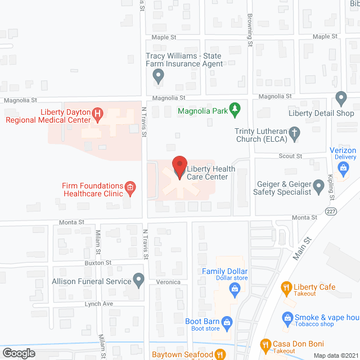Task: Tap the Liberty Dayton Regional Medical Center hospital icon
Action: click(x=98, y=116)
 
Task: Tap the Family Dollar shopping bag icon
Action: click(x=235, y=289)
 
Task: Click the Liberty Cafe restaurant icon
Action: click(x=286, y=289)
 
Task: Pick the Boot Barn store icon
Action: click(x=227, y=322)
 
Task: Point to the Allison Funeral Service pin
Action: click(x=139, y=280)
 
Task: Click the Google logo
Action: click(x=18, y=353)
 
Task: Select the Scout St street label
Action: click(x=291, y=156)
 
